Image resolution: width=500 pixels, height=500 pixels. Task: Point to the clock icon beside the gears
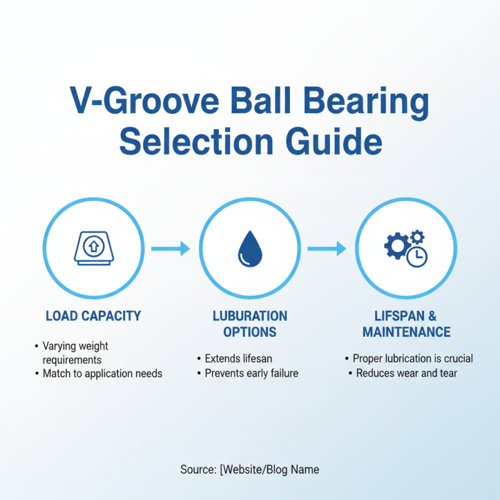tap(417, 256)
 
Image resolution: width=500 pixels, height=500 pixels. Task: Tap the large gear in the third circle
tap(397, 246)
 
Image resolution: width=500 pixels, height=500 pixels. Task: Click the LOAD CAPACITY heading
tap(94, 316)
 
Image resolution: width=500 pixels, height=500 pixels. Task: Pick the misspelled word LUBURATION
tap(250, 316)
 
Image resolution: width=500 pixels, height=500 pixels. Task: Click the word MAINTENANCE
tap(407, 332)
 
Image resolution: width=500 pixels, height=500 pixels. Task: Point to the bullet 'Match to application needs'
tap(102, 374)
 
